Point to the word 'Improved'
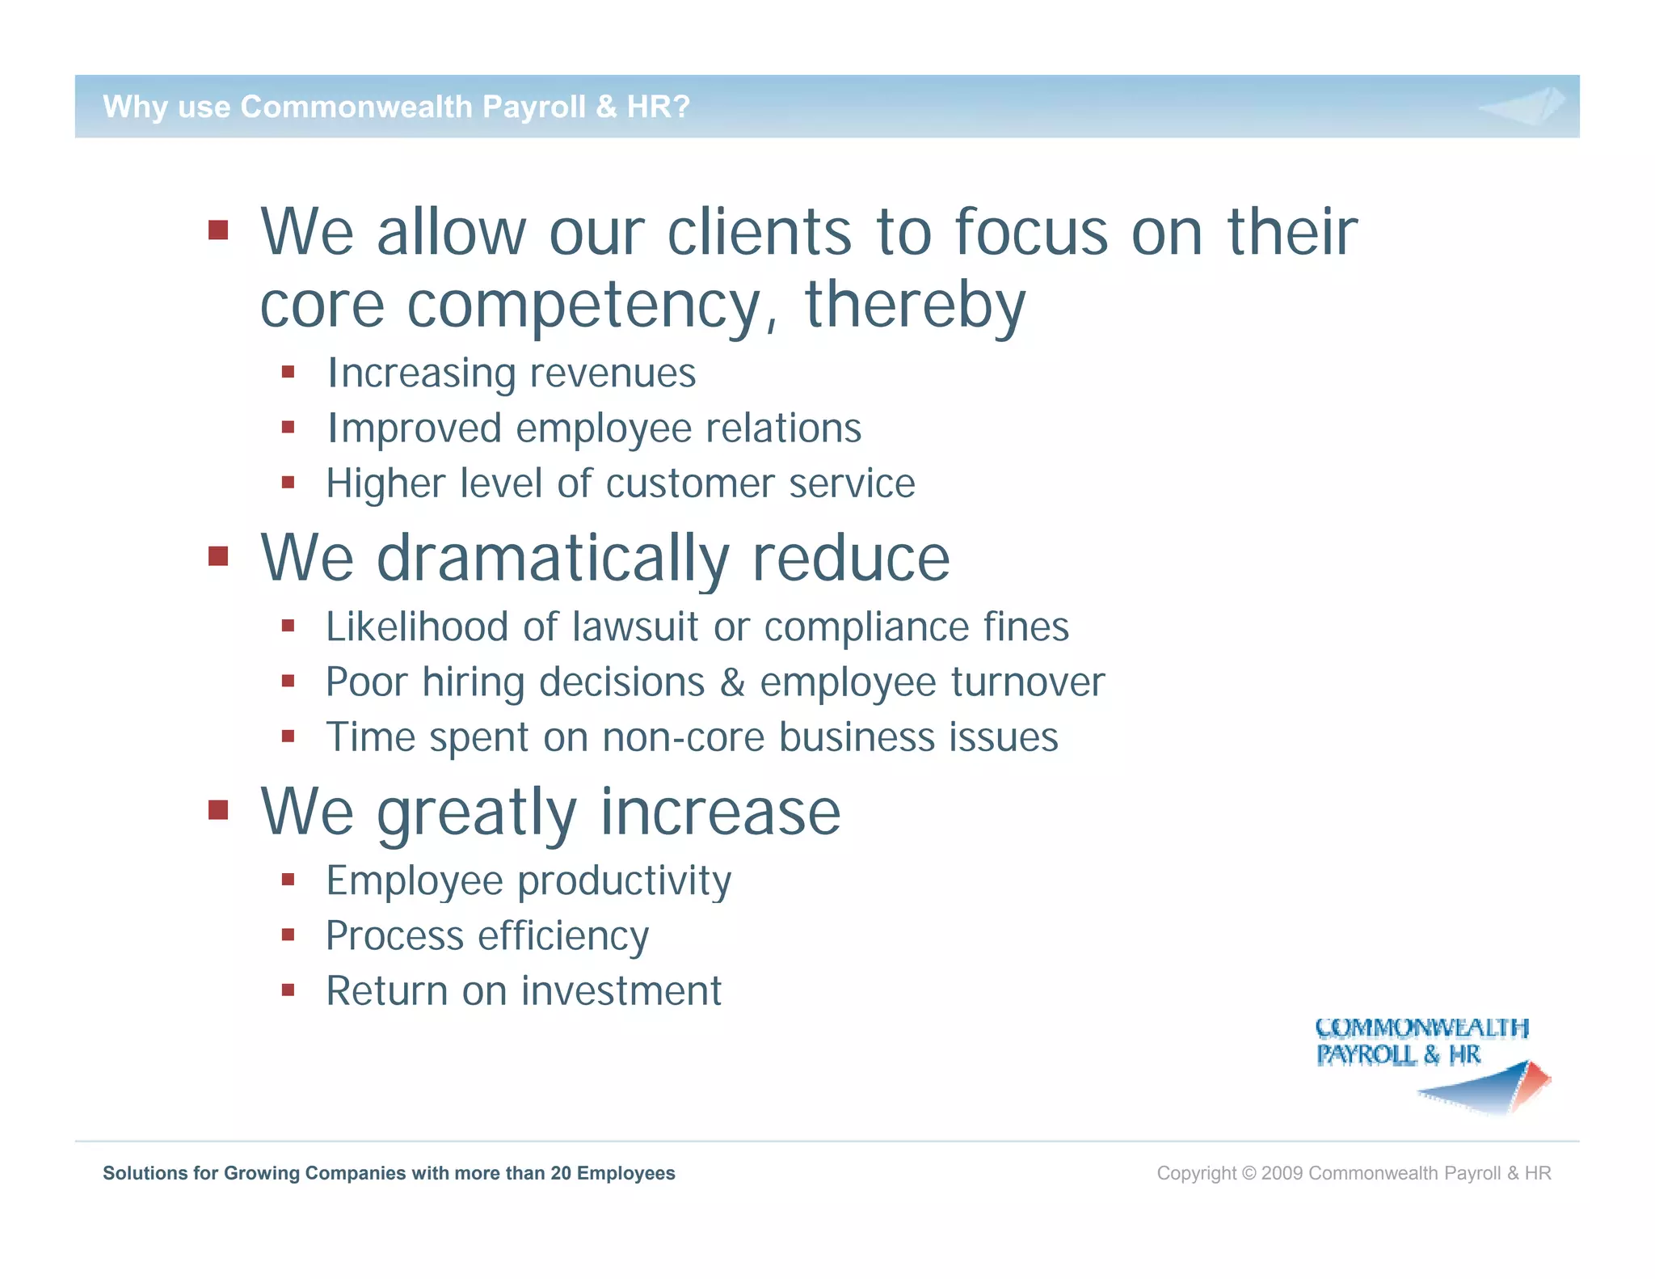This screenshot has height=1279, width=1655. [x=414, y=428]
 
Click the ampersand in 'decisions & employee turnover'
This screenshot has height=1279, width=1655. [x=732, y=682]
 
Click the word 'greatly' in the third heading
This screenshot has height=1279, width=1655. [x=477, y=813]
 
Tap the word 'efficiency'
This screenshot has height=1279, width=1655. [x=563, y=936]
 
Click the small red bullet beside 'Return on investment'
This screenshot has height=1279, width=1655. [x=288, y=989]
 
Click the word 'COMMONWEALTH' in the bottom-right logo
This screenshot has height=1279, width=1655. [x=1421, y=1028]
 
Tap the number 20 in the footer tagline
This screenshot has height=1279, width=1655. [x=561, y=1173]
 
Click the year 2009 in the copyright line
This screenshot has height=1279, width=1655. [x=1282, y=1173]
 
